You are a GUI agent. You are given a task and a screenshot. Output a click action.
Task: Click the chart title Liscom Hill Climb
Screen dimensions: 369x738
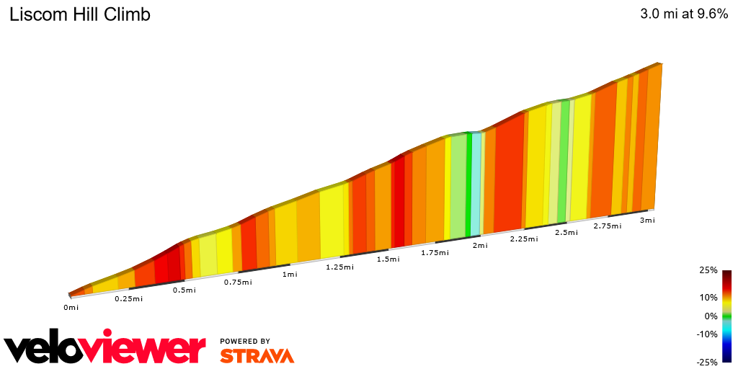(79, 14)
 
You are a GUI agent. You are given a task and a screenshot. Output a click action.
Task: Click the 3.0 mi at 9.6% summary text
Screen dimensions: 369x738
(684, 14)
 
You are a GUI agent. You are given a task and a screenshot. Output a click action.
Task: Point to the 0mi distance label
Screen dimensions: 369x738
(71, 308)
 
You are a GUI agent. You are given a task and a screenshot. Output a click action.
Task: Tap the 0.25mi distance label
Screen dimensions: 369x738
(129, 298)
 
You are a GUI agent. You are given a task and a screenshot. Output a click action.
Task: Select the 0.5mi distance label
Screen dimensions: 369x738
(184, 290)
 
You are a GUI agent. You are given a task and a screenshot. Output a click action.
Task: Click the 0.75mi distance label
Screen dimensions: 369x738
(238, 282)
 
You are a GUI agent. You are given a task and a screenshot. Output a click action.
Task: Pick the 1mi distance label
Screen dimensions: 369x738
(290, 274)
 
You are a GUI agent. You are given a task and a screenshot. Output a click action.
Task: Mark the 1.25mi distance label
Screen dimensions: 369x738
(339, 267)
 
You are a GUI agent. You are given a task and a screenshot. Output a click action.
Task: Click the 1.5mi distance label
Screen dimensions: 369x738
(388, 259)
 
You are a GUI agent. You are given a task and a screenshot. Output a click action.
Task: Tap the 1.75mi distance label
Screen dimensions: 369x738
(435, 252)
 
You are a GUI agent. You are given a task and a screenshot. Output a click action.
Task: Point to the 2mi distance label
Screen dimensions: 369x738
(480, 246)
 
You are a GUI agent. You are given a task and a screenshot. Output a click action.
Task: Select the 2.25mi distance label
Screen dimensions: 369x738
(524, 239)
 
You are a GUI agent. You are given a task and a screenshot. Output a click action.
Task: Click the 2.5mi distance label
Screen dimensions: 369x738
(566, 233)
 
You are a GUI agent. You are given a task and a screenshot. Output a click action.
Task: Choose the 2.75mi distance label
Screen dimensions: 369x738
(608, 226)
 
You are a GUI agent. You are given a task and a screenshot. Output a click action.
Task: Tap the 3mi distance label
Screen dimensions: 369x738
(647, 221)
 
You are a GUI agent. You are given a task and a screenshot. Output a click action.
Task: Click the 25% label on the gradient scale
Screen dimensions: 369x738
(708, 270)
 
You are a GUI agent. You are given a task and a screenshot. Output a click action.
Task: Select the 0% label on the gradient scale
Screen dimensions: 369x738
(711, 316)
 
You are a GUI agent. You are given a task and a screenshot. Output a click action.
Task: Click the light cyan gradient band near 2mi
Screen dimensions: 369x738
(476, 184)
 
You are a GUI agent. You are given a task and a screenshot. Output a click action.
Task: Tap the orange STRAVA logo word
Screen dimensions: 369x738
(257, 356)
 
